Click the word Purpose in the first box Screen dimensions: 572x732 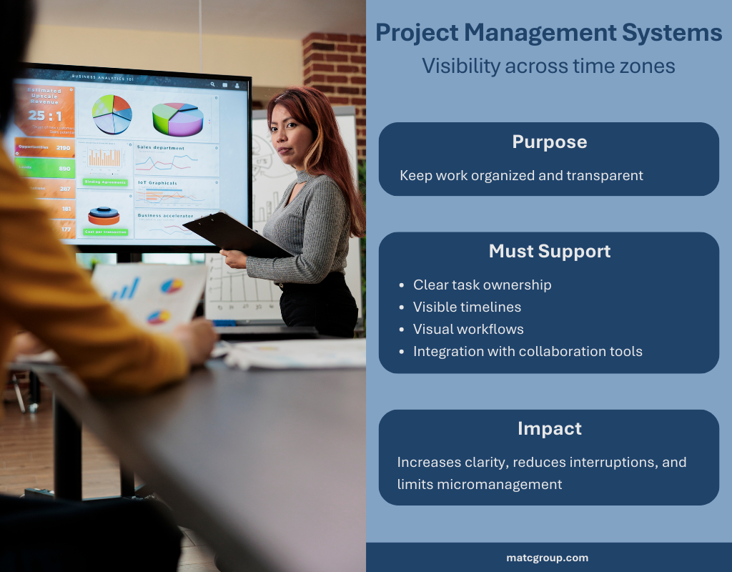549,142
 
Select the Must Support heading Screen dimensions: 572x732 549,251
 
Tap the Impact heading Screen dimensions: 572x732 549,428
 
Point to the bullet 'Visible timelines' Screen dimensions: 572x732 467,307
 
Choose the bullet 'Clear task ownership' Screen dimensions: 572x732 482,285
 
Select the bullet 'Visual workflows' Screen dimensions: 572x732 468,329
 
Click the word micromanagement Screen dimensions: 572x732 480,484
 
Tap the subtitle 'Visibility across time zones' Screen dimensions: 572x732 548,66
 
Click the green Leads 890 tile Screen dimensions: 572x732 44,169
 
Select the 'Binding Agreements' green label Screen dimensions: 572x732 106,182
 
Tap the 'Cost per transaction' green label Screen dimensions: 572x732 106,232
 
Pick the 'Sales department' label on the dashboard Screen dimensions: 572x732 160,147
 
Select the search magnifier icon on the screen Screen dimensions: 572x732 212,84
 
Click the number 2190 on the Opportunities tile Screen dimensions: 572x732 63,147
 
